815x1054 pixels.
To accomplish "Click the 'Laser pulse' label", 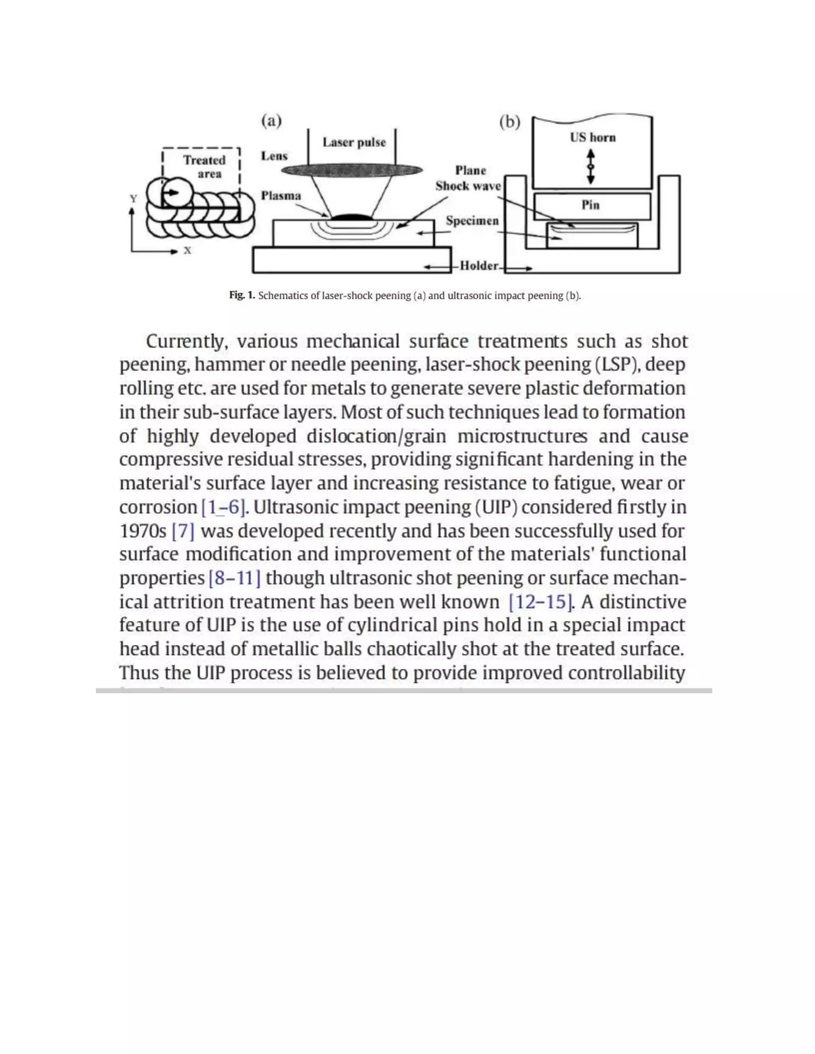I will [x=354, y=142].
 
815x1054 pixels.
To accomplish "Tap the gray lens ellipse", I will [x=351, y=170].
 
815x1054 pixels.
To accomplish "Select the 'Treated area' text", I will [x=204, y=167].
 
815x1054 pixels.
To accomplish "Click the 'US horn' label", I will [x=593, y=138].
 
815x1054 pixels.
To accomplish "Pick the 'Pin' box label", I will [x=591, y=205].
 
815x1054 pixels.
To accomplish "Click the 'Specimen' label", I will [x=472, y=221].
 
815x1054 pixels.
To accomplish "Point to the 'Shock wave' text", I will [x=468, y=186].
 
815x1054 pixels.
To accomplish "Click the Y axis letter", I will [x=133, y=199].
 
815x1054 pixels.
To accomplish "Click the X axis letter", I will [x=187, y=251].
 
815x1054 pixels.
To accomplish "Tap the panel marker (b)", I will [x=509, y=123].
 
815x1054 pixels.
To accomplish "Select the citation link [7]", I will [x=183, y=531].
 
